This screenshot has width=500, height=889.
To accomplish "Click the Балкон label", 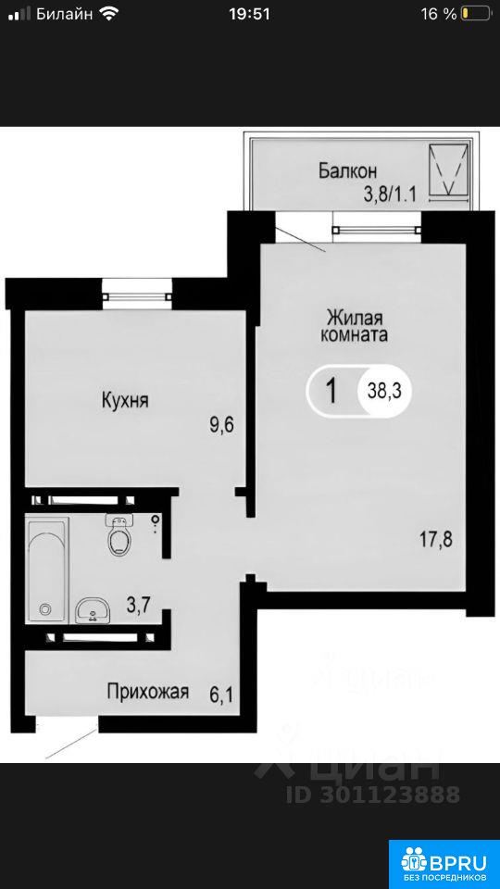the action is point(347,170).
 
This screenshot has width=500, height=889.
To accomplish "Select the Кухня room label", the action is point(125,401).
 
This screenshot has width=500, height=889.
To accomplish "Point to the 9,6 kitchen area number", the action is point(222,425).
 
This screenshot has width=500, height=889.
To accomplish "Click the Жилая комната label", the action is point(355,324).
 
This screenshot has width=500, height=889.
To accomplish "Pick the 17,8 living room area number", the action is point(436,537).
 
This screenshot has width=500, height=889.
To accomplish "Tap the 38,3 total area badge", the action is point(383,391).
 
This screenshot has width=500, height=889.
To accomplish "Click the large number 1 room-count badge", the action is point(332,391).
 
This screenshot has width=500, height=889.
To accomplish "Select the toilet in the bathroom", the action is point(119,534).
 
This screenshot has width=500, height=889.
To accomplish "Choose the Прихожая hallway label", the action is point(148,692).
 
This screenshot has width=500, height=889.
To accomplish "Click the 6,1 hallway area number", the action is point(221,694).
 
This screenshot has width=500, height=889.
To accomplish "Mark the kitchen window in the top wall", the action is point(137,295).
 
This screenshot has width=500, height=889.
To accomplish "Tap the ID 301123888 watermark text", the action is point(373,795).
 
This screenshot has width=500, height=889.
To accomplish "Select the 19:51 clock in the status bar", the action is point(249,14).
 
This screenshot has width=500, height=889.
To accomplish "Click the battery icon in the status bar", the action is point(476,14).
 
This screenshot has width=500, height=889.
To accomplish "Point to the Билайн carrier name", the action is point(65,14).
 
